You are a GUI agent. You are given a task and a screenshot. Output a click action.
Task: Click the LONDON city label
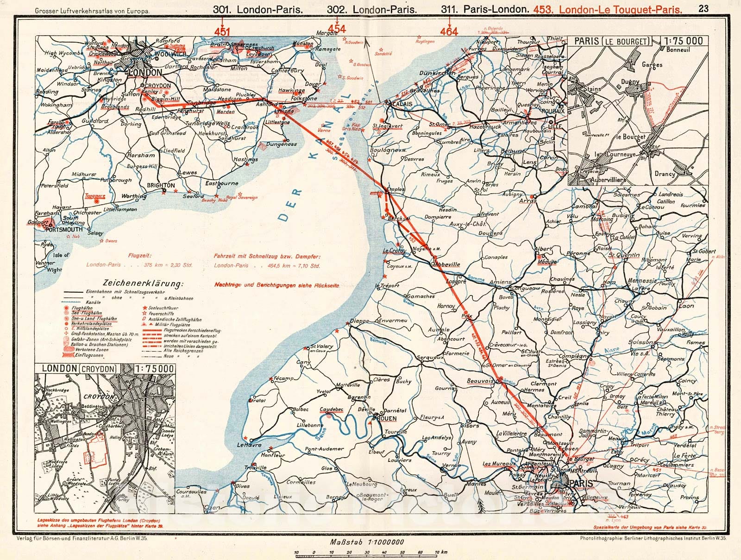145,73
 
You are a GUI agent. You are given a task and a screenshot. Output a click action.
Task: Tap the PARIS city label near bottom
582,484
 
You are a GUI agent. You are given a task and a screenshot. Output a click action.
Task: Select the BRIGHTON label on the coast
160,185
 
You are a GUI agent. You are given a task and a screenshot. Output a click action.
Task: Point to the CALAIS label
402,104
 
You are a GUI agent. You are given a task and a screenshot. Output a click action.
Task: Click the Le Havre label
249,445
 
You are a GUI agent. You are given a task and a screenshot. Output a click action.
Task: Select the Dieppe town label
359,321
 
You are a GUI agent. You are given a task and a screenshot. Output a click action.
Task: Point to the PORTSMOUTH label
65,229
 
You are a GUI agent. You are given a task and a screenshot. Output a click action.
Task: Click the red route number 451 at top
222,31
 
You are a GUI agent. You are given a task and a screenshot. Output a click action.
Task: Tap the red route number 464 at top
449,31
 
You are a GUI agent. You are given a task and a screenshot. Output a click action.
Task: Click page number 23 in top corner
703,8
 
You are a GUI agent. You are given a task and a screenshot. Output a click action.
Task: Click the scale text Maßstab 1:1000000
367,542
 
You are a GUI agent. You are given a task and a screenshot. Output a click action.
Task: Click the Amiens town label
500,282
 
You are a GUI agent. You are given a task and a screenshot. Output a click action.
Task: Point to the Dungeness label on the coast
281,144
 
